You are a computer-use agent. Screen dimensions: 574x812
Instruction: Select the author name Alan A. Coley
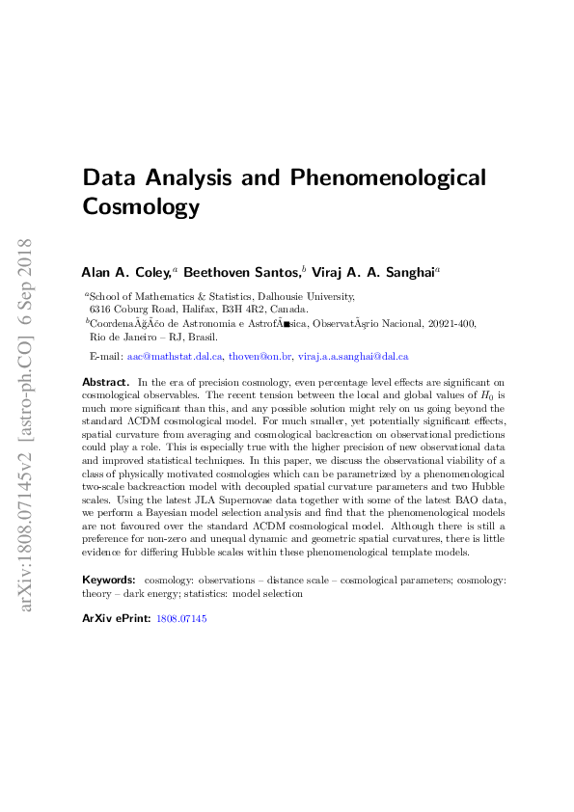[x=124, y=273]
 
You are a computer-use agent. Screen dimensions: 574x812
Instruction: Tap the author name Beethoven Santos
[x=242, y=273]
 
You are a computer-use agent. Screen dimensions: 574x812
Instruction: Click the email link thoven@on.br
[x=259, y=356]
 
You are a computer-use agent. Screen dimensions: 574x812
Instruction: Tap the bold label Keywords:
[x=108, y=581]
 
